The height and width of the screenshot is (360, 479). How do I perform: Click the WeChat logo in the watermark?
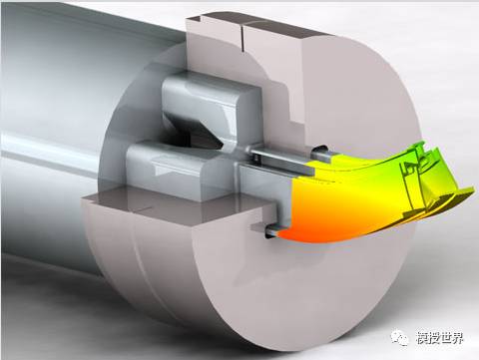click(x=400, y=338)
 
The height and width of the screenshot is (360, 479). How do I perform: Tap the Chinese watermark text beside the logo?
click(x=439, y=338)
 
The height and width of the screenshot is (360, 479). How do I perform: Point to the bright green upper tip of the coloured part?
click(x=421, y=145)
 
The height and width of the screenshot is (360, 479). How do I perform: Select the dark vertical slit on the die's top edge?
click(x=242, y=38)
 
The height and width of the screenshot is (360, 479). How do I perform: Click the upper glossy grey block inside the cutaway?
click(x=210, y=100)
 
